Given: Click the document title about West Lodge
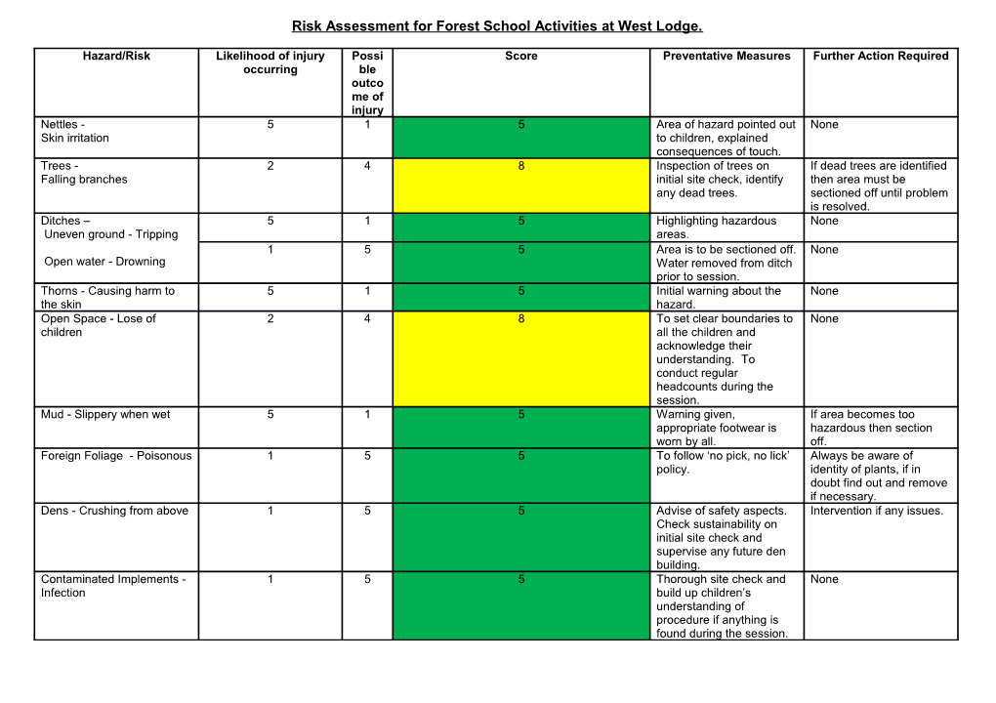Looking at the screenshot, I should point(497,26).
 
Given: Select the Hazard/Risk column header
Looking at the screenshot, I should point(116,56).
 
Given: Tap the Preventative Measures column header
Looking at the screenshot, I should point(726,56).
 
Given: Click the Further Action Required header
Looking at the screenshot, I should point(880,56).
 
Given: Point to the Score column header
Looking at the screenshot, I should point(520,56).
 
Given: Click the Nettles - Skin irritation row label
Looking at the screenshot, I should point(75,131).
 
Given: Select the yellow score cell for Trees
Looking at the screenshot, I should point(520,186).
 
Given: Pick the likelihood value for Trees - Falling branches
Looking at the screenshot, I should point(270,166).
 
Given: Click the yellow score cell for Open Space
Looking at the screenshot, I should point(520,358).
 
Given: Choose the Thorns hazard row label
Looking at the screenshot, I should point(107,297).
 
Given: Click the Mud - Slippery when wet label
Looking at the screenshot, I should point(105,414).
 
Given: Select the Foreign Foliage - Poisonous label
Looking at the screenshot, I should point(116,456).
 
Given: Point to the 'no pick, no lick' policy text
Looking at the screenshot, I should point(723,462).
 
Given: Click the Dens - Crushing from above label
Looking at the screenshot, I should point(114,511).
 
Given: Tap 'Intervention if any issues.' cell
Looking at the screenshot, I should point(877,511).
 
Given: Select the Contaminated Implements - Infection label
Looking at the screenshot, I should point(112,586).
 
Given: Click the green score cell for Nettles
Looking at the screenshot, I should point(520,137).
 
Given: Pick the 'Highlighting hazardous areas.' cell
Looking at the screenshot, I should point(716,227).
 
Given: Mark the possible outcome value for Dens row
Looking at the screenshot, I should point(367,511).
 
